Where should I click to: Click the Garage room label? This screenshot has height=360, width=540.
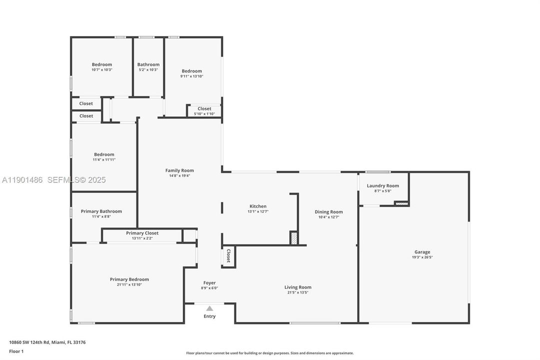tap(422, 252)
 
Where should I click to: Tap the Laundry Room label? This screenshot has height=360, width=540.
tap(383, 185)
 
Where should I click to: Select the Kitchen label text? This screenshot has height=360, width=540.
tap(258, 206)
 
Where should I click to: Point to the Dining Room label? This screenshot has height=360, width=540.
tap(329, 211)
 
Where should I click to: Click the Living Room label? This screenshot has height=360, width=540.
tap(298, 287)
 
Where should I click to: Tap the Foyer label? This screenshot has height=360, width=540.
tap(209, 282)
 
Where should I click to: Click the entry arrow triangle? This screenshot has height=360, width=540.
tap(210, 308)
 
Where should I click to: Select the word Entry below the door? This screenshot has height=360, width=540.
tap(210, 316)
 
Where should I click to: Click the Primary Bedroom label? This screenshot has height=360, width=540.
tap(129, 279)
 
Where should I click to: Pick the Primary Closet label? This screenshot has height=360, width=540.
tap(142, 233)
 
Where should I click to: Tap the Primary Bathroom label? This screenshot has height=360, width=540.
tap(101, 211)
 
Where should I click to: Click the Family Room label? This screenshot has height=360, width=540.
tap(179, 170)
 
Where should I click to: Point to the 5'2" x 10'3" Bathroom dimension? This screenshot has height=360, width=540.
tap(148, 70)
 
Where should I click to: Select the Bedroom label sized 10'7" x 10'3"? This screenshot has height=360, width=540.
tap(102, 64)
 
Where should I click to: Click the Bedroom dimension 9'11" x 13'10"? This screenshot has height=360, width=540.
tap(192, 76)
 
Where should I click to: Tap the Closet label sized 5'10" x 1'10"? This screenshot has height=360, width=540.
tap(204, 108)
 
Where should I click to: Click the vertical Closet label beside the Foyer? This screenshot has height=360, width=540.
tap(228, 255)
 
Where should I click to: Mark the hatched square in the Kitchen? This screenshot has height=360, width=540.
tap(294, 238)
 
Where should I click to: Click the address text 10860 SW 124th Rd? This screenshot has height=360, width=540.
tap(44, 342)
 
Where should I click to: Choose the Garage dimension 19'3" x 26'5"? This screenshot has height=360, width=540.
tap(422, 257)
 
